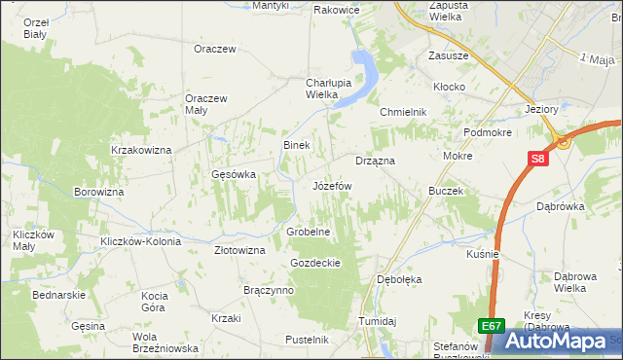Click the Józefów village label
tap(332, 185)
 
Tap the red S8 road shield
tap(537, 160)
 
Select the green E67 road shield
tap(492, 327)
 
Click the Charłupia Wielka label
tap(309, 89)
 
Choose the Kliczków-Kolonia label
tap(141, 240)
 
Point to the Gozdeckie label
tap(314, 263)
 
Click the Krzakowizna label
tap(141, 150)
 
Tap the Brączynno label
tap(269, 290)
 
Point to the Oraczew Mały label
tap(206, 103)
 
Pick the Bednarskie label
tap(59, 294)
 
